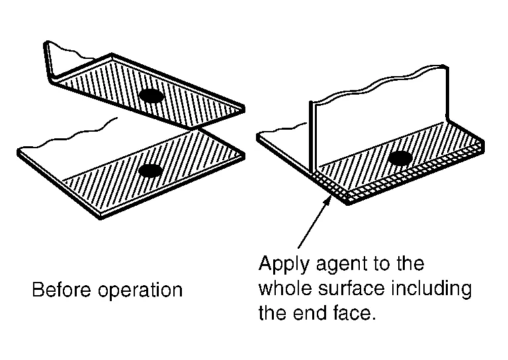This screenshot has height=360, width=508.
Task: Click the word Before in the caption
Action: click(x=62, y=289)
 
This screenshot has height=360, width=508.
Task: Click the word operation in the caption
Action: click(x=140, y=291)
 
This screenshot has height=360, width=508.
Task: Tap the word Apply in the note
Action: click(x=284, y=265)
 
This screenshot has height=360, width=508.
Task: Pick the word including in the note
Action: click(x=431, y=289)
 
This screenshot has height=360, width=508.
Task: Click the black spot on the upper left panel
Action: click(x=151, y=95)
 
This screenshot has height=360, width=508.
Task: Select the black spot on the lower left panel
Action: click(x=150, y=171)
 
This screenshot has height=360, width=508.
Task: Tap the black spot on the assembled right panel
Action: click(x=400, y=158)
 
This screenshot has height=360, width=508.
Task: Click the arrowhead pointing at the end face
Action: click(x=328, y=199)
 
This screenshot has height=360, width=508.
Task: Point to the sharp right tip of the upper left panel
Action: click(x=244, y=109)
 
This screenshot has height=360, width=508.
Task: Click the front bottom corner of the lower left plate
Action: click(x=101, y=218)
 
